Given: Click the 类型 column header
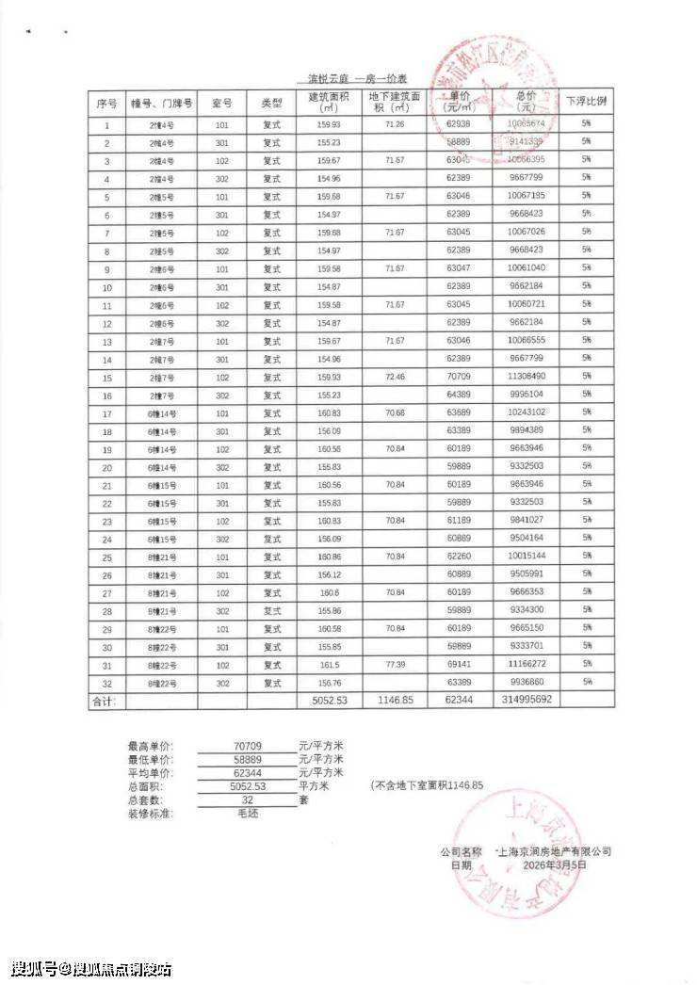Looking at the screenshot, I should pos(272,102).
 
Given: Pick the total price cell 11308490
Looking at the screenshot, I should pos(526,377).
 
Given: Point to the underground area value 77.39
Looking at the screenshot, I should pos(395,664).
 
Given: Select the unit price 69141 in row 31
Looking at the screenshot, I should pos(460,664).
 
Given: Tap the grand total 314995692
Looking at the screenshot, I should pos(526,701).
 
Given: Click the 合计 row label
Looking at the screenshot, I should pos(103,702).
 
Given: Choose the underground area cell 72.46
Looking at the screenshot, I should pos(395,377).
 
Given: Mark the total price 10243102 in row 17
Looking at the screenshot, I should pos(526,413).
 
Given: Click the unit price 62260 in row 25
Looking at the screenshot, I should pos(460,557).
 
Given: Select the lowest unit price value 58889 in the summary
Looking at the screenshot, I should pos(248,758).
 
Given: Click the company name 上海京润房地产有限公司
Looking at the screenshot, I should pos(555,850).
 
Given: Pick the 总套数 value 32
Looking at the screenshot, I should pos(248,799).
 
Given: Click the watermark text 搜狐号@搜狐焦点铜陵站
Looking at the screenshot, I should pos(91,968).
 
